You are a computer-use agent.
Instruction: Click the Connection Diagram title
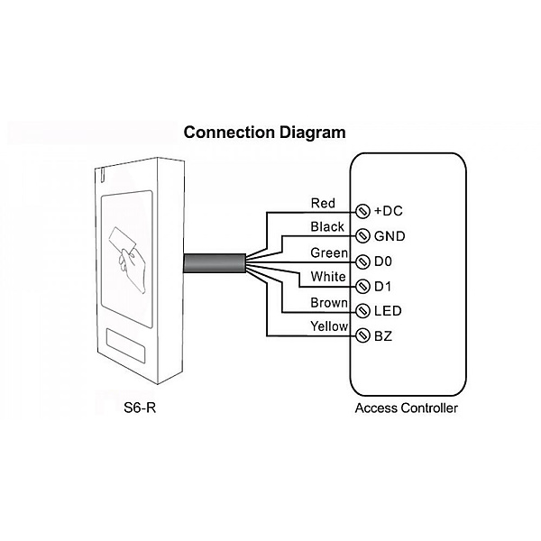tap(264, 133)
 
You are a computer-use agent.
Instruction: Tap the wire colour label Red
tap(323, 203)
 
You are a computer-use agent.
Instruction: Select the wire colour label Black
tap(326, 226)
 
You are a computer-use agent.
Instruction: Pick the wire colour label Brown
tap(329, 302)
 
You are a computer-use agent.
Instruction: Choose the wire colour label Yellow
tap(328, 326)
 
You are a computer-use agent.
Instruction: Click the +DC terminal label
tap(388, 211)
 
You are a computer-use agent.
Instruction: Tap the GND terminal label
tap(390, 236)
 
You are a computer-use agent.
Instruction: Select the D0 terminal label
tap(383, 261)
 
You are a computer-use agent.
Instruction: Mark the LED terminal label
tap(388, 311)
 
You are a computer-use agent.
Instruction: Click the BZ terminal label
tap(383, 336)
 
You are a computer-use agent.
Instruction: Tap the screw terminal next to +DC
tap(363, 212)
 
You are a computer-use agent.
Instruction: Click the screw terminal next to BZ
tap(363, 336)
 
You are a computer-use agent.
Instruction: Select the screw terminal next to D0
tap(363, 261)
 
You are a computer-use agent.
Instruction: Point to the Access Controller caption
tap(407, 408)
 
